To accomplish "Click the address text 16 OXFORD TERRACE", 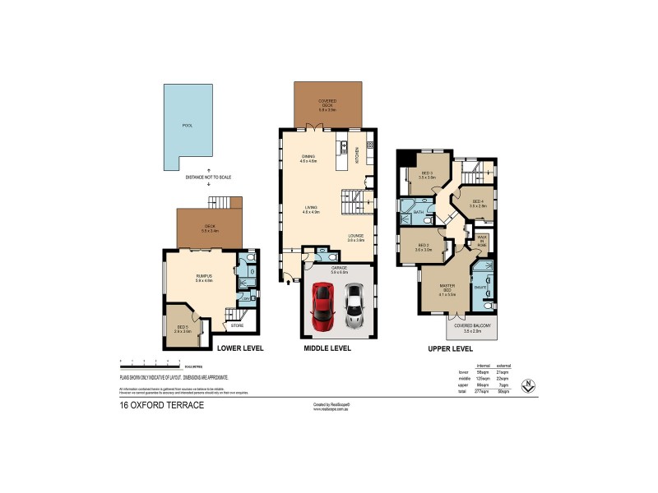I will point(162,407).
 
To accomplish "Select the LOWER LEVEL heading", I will point(239,348).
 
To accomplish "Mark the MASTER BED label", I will point(447,288).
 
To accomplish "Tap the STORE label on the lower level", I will point(237,326).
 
